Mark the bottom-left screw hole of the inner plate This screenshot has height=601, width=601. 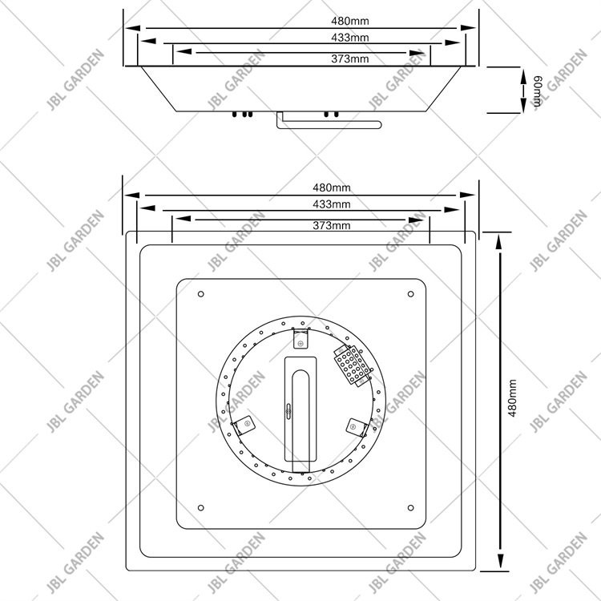200,507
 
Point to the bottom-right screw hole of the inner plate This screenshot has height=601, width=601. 411,507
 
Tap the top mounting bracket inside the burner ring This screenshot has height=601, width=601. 300,338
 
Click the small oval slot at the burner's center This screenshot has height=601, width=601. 290,410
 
